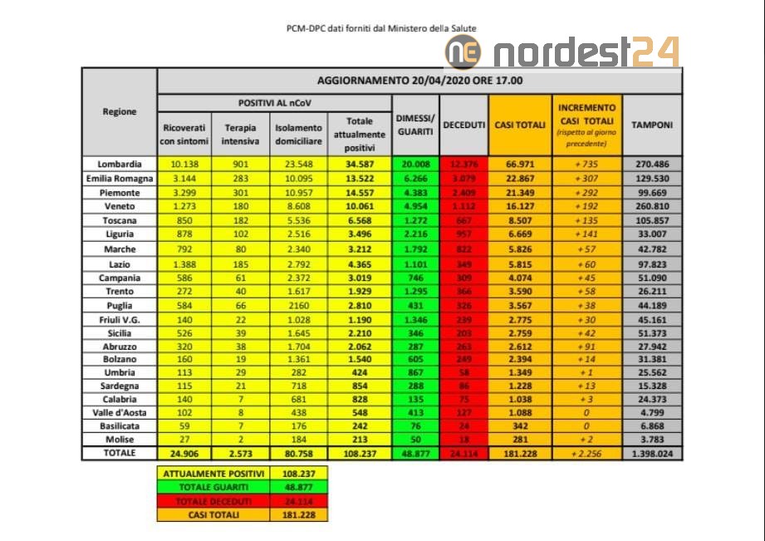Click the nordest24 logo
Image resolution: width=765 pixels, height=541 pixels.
[x=563, y=52]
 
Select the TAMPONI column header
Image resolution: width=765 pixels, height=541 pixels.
[x=652, y=124]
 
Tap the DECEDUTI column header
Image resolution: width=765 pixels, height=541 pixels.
[x=463, y=124]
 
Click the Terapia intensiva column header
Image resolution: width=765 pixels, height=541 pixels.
[x=240, y=133]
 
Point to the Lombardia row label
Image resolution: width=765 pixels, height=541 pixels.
[x=120, y=165]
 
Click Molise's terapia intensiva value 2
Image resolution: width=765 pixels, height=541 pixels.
[x=240, y=440]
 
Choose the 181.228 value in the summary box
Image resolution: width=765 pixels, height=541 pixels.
[x=298, y=514]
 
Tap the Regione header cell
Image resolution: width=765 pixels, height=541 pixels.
[x=120, y=111]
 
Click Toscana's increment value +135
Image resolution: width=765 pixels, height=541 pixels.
[x=586, y=221]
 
